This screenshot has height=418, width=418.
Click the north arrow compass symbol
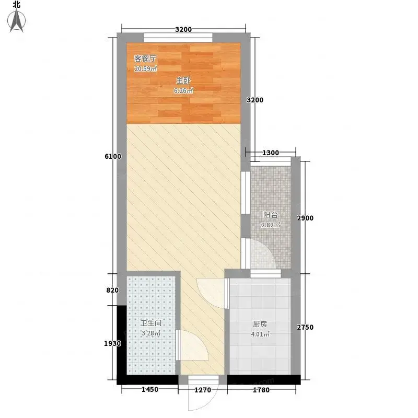pyautogui.click(x=17, y=20)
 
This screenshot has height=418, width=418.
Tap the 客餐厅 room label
pyautogui.click(x=145, y=59)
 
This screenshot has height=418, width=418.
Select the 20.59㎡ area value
pyautogui.click(x=146, y=69)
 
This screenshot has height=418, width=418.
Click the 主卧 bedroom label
pyautogui.click(x=183, y=80)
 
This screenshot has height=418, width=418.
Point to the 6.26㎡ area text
pyautogui.click(x=183, y=90)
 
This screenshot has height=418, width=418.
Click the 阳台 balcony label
pyautogui.click(x=271, y=215)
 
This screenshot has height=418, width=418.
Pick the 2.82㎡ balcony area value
pyautogui.click(x=271, y=225)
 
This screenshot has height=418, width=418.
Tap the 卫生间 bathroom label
pyautogui.click(x=151, y=323)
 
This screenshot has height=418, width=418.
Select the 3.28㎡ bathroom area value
pyautogui.click(x=151, y=333)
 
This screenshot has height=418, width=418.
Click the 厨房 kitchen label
pyautogui.click(x=260, y=324)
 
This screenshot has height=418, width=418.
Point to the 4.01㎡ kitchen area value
pyautogui.click(x=260, y=334)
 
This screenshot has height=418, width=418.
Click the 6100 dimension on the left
pyautogui.click(x=113, y=156)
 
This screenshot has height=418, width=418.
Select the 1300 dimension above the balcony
pyautogui.click(x=271, y=153)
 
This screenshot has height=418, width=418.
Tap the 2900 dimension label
pyautogui.click(x=305, y=218)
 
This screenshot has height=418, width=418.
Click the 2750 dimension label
pyautogui.click(x=305, y=327)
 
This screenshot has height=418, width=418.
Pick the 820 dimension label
pyautogui.click(x=112, y=290)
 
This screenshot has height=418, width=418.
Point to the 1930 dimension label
pyautogui.click(x=112, y=343)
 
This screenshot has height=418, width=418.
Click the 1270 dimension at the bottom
pyautogui.click(x=203, y=390)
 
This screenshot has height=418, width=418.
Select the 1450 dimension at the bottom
pyautogui.click(x=150, y=389)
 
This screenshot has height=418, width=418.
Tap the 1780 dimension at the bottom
pyautogui.click(x=261, y=390)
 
